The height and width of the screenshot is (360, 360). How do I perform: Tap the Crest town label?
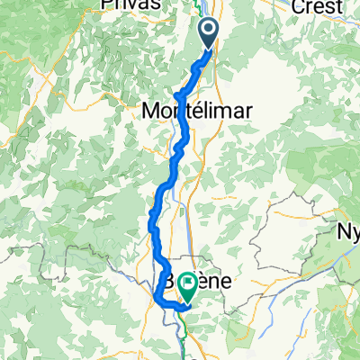click(318, 6)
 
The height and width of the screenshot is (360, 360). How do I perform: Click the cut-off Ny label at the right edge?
click(348, 231)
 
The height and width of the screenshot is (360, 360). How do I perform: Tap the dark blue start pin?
click(209, 34)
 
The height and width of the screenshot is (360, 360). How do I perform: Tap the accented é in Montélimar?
click(197, 110)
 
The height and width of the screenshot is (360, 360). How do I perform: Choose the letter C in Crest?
click(296, 6)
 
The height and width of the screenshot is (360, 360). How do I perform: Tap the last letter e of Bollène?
click(225, 282)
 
